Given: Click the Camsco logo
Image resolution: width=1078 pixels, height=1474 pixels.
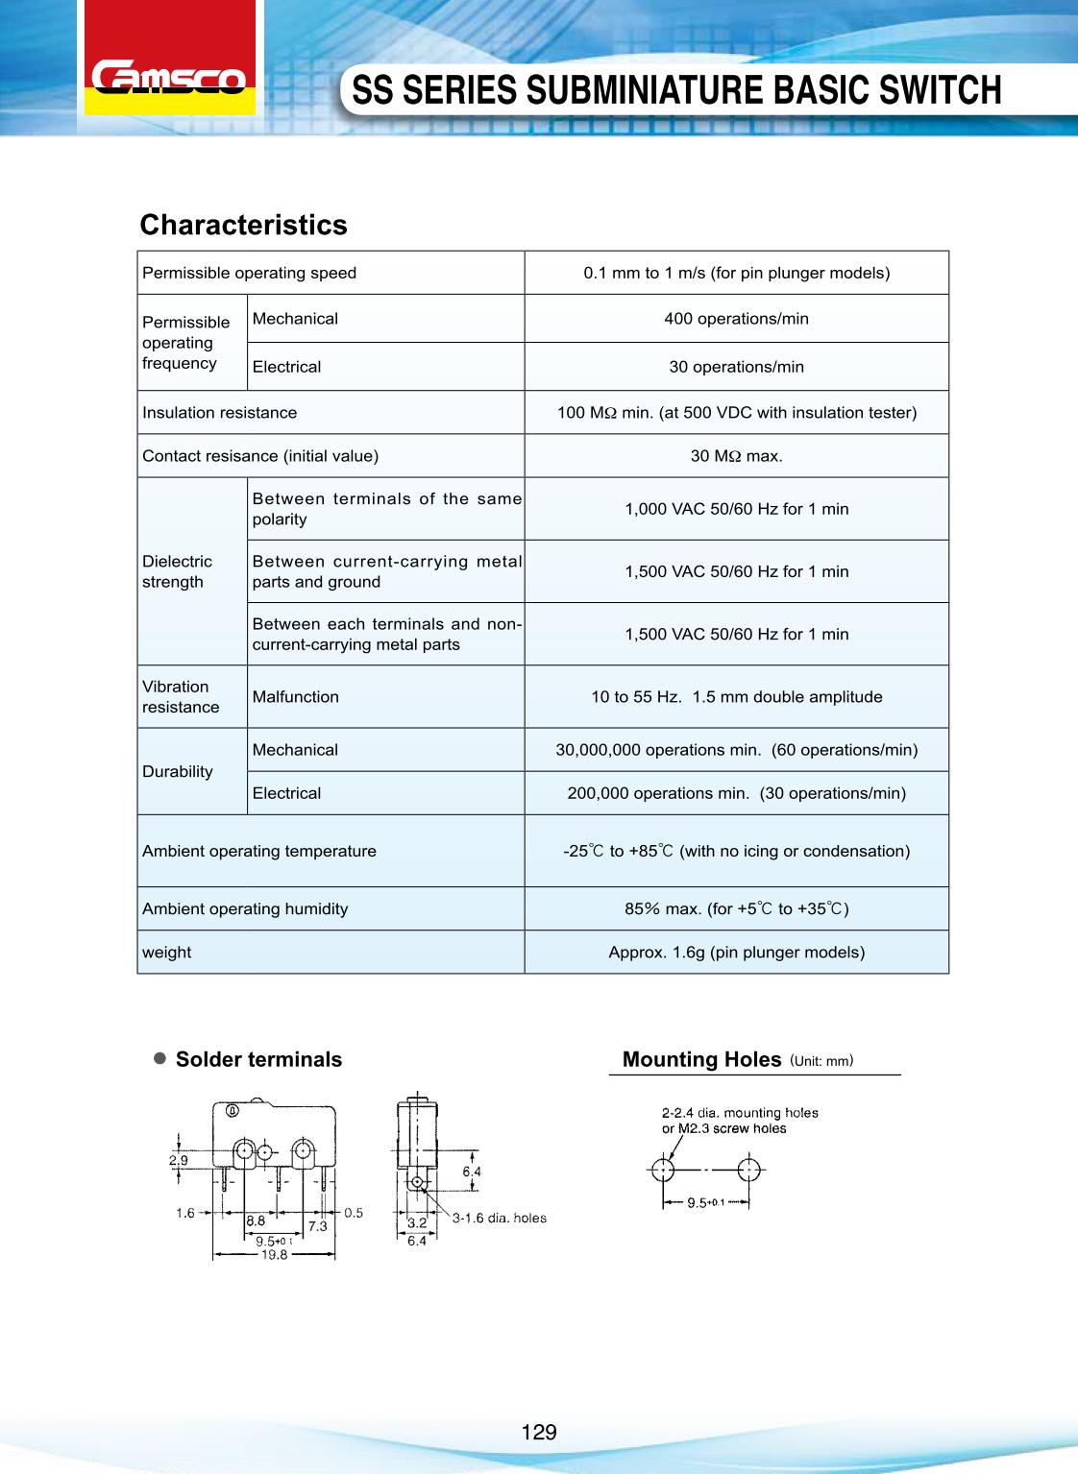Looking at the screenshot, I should (x=169, y=77).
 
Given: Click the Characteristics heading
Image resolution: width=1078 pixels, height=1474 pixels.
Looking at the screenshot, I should (x=243, y=225).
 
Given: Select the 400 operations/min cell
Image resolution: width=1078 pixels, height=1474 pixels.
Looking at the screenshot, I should (x=736, y=319).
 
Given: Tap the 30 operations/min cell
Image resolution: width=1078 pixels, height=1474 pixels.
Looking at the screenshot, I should (x=736, y=367).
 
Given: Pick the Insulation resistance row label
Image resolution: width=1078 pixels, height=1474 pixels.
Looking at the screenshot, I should (x=220, y=413).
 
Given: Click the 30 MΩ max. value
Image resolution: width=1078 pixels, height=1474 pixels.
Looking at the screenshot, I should (x=736, y=456).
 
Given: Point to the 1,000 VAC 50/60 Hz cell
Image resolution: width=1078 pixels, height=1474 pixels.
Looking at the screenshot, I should (x=736, y=509).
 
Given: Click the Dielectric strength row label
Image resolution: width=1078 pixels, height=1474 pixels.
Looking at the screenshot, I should (x=178, y=571).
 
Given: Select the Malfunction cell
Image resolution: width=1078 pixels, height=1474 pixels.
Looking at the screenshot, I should (x=296, y=697).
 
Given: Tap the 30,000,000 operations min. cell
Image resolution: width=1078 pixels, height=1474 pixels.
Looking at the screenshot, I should (x=736, y=750).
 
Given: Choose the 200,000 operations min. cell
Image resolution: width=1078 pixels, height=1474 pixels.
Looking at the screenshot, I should (x=736, y=793).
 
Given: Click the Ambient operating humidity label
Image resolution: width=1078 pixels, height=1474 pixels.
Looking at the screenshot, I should (x=245, y=908).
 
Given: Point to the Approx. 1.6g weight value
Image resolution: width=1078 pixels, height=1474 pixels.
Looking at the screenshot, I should (x=736, y=953).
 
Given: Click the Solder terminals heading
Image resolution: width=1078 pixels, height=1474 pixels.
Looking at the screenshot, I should (x=258, y=1059).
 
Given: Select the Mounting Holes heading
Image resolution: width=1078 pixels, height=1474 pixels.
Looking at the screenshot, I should (x=701, y=1059).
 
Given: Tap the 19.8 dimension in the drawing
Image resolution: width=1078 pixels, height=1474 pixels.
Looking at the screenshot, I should (x=274, y=1254).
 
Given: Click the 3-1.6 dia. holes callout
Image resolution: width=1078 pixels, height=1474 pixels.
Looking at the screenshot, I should (x=499, y=1219).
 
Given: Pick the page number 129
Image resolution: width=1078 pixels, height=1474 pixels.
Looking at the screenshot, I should (x=539, y=1433).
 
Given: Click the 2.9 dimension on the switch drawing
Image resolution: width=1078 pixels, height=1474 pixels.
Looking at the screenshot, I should (x=179, y=1160).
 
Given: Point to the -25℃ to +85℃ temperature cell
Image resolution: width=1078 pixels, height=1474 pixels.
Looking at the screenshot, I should (x=736, y=851).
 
